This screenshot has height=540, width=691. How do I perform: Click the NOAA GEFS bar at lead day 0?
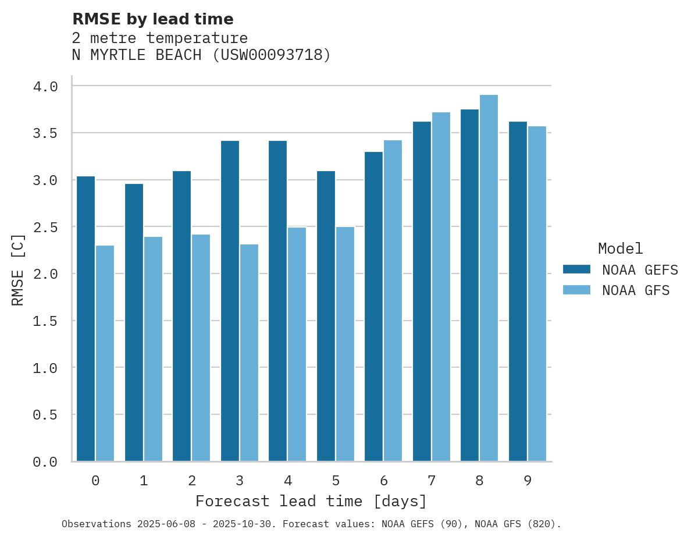pos(86,319)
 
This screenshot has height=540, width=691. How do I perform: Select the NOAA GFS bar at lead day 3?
pos(249,353)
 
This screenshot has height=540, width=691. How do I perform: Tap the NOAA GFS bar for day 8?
pos(489,278)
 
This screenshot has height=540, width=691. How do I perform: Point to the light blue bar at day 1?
pos(153,349)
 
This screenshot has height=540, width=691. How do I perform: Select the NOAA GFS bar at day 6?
pos(393,301)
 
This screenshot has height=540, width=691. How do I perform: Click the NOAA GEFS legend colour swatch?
pos(576,269)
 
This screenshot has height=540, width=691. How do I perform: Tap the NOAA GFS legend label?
pos(636,290)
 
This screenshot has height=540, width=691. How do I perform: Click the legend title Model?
pos(620,249)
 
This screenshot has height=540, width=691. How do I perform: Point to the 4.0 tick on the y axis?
pos(45,87)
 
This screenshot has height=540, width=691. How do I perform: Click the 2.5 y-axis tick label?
pos(45,227)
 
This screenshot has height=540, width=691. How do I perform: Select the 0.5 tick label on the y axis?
pos(45,415)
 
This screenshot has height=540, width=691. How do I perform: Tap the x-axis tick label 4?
pos(288,481)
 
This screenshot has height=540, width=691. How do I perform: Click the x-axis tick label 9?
pos(528,481)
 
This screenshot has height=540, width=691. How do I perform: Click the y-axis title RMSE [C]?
pos(18,269)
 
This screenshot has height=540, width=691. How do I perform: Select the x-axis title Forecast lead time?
pos(311,502)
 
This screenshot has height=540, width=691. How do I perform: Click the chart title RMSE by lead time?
pos(152,19)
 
